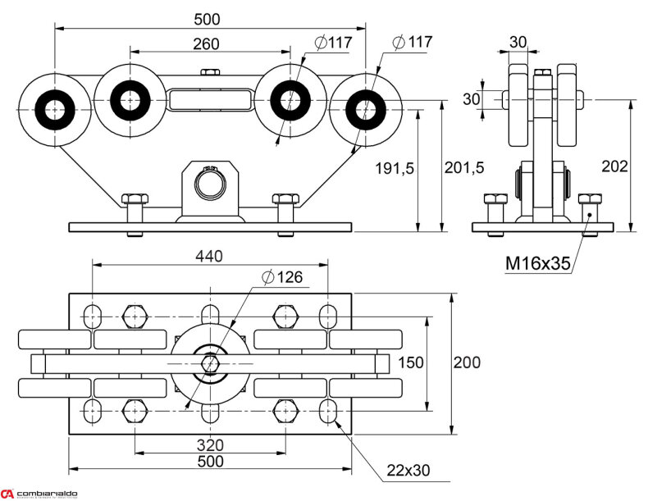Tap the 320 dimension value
[210, 445]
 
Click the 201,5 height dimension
[464, 168]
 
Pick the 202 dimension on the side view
[614, 166]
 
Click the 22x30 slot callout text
[408, 471]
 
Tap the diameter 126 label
[282, 277]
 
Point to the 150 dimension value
[410, 362]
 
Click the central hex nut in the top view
[210, 362]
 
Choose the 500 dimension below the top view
[210, 462]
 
